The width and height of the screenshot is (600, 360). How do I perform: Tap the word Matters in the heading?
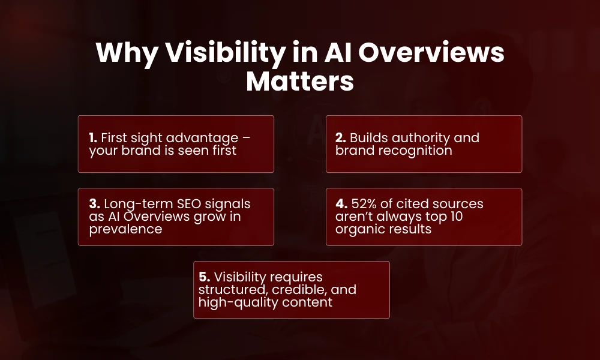[x=300, y=81]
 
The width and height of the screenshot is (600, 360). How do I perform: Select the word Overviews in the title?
[x=426, y=54]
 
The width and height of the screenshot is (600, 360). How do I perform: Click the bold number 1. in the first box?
[x=94, y=138]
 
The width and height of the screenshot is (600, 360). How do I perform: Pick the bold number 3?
[x=94, y=204]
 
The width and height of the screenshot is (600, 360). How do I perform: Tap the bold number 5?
[x=205, y=277]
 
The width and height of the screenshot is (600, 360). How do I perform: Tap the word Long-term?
[x=134, y=204]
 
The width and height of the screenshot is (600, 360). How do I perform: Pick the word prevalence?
[x=126, y=229]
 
